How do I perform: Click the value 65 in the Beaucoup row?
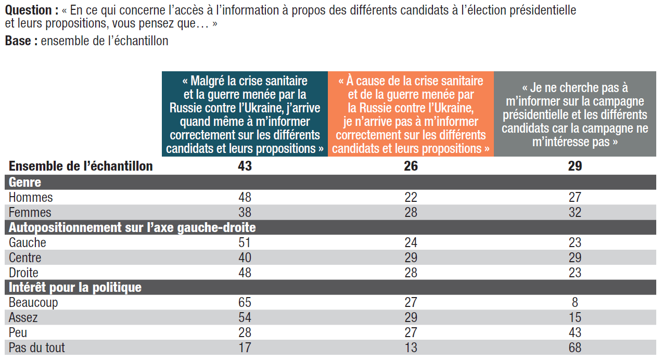(x=245, y=302)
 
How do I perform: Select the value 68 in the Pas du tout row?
(x=575, y=348)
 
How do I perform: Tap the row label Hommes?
(x=31, y=197)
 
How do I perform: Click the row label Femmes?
(x=30, y=212)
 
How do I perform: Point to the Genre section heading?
(x=25, y=182)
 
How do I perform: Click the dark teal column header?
(x=245, y=114)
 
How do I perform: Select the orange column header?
(x=411, y=114)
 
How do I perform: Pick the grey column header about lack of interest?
(x=575, y=114)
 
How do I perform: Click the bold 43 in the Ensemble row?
(x=245, y=166)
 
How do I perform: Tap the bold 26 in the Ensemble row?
(x=411, y=166)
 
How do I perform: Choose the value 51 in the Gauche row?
(x=245, y=242)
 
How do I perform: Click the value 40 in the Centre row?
(x=245, y=258)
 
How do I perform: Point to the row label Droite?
(x=24, y=273)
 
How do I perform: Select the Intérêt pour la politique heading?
(x=75, y=288)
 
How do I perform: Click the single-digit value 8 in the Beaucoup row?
(x=575, y=302)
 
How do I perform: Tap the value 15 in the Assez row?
(x=575, y=317)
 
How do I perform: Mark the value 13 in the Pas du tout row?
(x=411, y=348)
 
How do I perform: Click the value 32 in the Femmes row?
(x=575, y=212)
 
